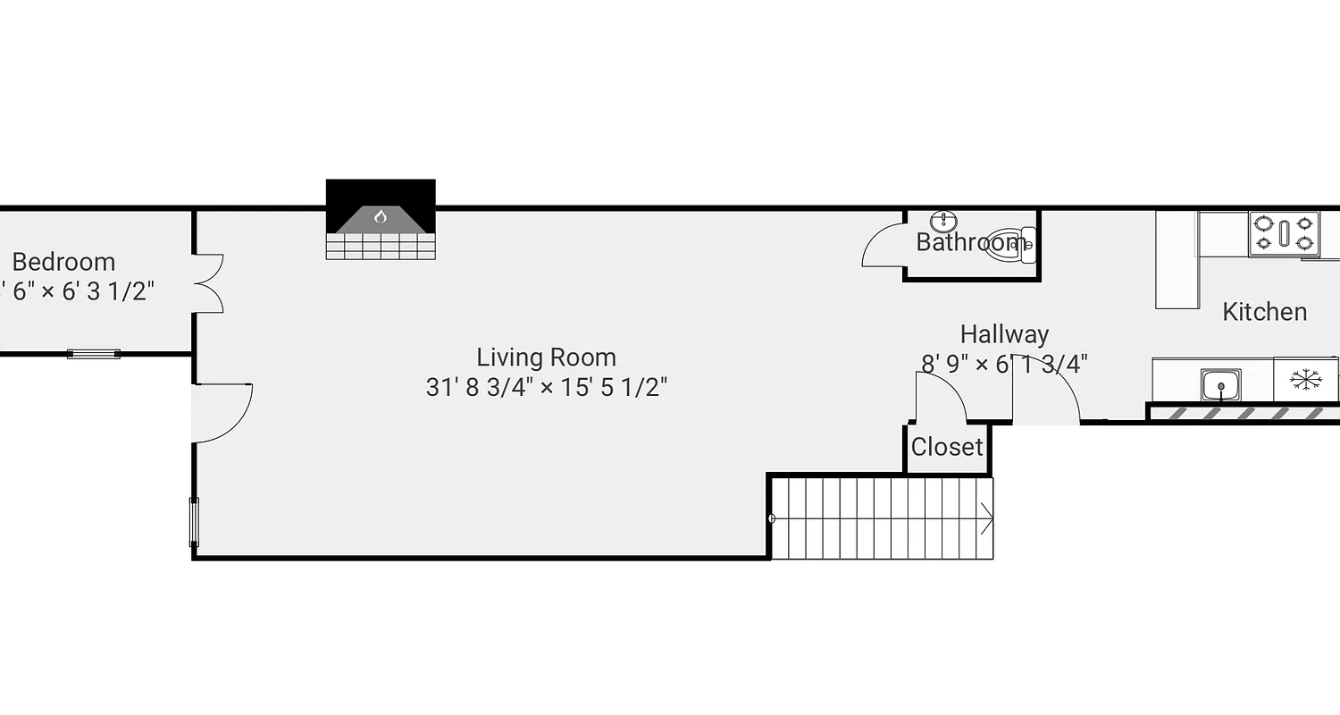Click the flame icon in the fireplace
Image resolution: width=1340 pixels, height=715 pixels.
(381, 216)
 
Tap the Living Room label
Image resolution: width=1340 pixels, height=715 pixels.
(546, 357)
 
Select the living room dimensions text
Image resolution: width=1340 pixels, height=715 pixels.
(547, 387)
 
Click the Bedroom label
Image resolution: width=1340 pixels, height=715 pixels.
(63, 262)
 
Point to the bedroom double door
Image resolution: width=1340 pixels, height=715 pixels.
(209, 283)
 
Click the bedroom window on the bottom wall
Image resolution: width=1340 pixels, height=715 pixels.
(94, 354)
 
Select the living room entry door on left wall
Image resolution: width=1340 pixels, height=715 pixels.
(221, 412)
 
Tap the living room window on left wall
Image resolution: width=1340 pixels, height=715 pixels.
(194, 522)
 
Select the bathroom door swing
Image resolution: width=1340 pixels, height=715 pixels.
(883, 246)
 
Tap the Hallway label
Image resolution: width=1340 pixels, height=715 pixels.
(1004, 334)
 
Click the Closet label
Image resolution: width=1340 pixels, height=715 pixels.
(947, 447)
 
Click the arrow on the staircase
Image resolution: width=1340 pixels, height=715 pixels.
(986, 517)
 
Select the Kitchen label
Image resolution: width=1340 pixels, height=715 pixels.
(1264, 312)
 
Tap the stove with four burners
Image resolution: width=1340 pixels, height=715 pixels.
(1284, 233)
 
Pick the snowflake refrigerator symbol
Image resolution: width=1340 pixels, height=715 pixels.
(1305, 380)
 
